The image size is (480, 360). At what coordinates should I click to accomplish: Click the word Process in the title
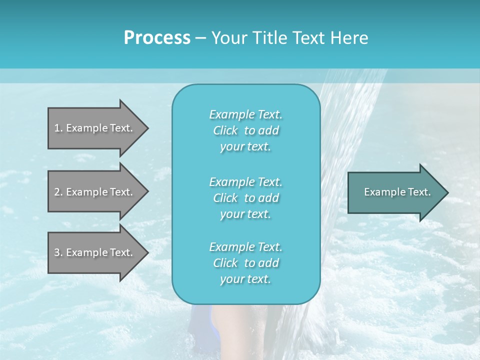click(157, 38)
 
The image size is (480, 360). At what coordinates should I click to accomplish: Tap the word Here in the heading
click(348, 38)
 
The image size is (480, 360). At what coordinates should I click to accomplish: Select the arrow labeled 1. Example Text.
click(95, 128)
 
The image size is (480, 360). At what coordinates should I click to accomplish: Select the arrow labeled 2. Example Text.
click(95, 192)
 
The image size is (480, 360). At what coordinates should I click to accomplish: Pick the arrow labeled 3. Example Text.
click(95, 252)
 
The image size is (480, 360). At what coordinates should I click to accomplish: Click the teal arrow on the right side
click(395, 192)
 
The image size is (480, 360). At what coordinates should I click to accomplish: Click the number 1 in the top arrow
click(57, 128)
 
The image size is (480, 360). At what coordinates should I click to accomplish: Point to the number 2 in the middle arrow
click(57, 192)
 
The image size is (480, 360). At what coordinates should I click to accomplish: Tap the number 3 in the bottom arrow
click(57, 252)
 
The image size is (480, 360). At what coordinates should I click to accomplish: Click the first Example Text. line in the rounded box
click(245, 114)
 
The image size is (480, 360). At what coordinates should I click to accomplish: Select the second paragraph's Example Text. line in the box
click(245, 181)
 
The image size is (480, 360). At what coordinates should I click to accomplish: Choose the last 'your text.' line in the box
click(245, 279)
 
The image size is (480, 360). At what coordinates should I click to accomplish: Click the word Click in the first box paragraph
click(225, 130)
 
